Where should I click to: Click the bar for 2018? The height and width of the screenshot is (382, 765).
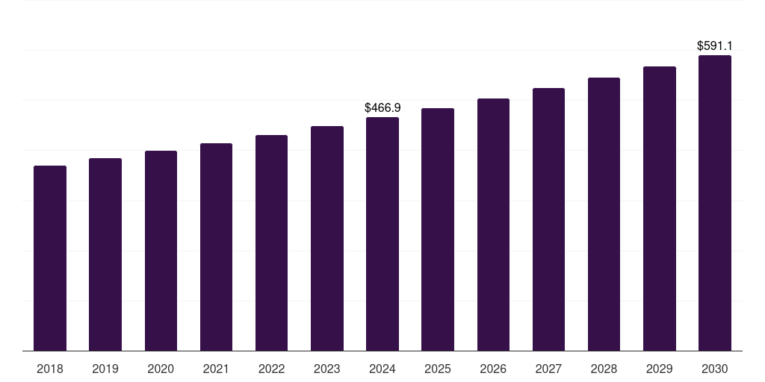[x=50, y=258]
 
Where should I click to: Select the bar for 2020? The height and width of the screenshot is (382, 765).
[x=161, y=251]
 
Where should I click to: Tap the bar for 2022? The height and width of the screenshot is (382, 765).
[x=271, y=243]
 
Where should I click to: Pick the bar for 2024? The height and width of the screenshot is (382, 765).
[x=382, y=234]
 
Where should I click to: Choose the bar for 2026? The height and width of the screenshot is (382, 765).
[x=493, y=225]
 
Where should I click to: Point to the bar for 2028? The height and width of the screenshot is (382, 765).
[x=604, y=214]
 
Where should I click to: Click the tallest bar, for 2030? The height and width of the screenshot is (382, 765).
[x=714, y=203]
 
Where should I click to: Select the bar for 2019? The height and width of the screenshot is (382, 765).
[x=105, y=254]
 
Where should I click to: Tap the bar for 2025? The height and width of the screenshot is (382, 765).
[x=438, y=230]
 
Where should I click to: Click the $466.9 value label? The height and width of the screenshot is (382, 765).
[x=382, y=108]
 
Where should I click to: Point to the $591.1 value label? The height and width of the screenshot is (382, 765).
[x=714, y=46]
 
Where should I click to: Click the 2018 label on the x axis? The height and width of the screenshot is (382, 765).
[x=50, y=369]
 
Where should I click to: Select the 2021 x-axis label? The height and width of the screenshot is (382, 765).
[x=216, y=369]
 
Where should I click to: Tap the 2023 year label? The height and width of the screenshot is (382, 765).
[x=326, y=369]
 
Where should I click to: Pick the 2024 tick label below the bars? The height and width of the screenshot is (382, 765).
[x=382, y=369]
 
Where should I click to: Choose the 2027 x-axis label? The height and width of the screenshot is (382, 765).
[x=548, y=369]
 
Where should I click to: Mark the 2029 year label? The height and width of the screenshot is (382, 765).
[x=659, y=369]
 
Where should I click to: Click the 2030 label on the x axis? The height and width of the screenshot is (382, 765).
[x=714, y=369]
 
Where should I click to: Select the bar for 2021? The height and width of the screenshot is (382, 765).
[x=216, y=247]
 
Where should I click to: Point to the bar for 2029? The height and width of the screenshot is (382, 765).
[x=659, y=209]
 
